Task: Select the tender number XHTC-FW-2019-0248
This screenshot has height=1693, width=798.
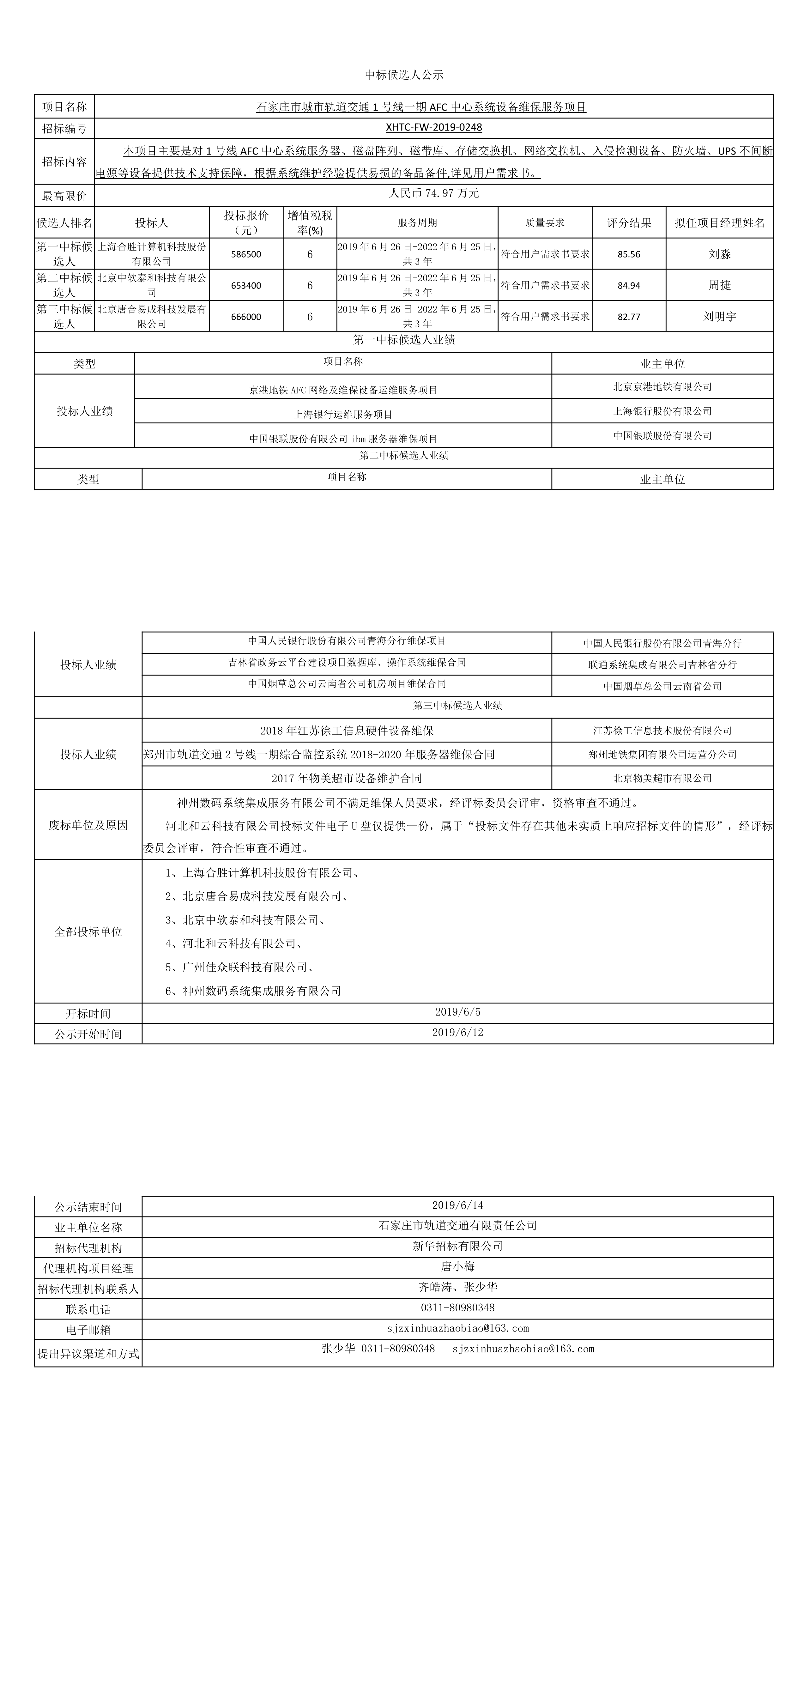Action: point(434,128)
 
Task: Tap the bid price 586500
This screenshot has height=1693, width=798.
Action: point(246,254)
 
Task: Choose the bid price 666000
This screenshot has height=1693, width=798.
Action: point(246,317)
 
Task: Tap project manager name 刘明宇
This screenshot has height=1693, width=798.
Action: point(719,317)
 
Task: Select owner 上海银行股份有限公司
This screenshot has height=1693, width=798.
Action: point(662,411)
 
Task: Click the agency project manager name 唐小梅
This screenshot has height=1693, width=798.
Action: point(457,1266)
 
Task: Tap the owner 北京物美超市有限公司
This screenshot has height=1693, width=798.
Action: point(662,778)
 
